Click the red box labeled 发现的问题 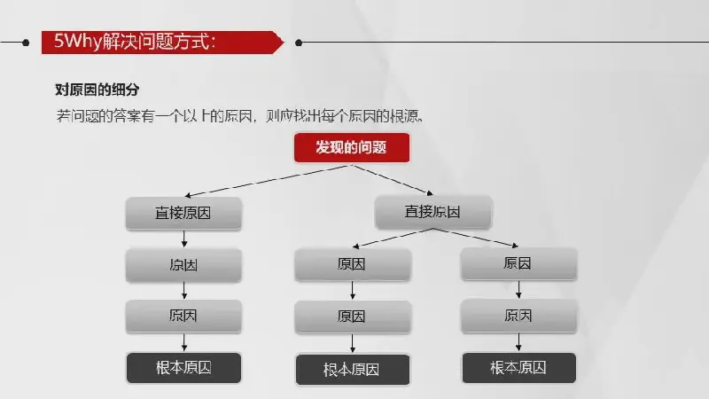pyautogui.click(x=352, y=147)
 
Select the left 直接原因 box pyautogui.click(x=183, y=213)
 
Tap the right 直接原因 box pyautogui.click(x=433, y=212)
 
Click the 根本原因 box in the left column pyautogui.click(x=183, y=368)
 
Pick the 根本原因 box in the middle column pyautogui.click(x=353, y=370)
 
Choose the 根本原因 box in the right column pyautogui.click(x=518, y=368)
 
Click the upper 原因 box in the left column pyautogui.click(x=183, y=265)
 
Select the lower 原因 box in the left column pyautogui.click(x=183, y=317)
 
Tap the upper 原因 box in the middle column pyautogui.click(x=353, y=264)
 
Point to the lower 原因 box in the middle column pyautogui.click(x=353, y=317)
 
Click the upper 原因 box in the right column pyautogui.click(x=518, y=263)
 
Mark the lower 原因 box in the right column pyautogui.click(x=518, y=316)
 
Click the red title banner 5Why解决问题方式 pyautogui.click(x=163, y=43)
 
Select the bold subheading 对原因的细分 pyautogui.click(x=97, y=90)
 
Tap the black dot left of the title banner pyautogui.click(x=26, y=43)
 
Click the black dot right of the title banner pyautogui.click(x=299, y=43)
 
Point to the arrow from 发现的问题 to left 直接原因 pyautogui.click(x=267, y=181)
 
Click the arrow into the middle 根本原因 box pyautogui.click(x=353, y=343)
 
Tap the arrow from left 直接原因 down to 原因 pyautogui.click(x=184, y=239)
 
